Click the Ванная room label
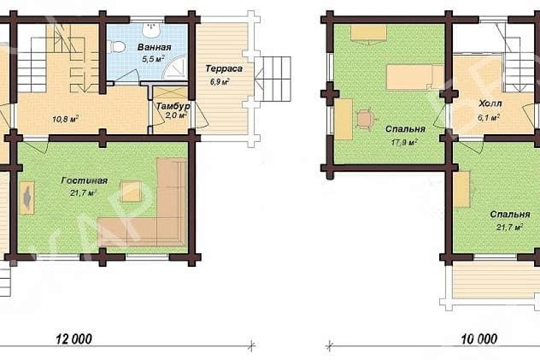click(154, 47)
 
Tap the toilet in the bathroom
click(116, 46)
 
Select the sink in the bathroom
click(151, 30)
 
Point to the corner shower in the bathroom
click(175, 68)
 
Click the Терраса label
click(224, 69)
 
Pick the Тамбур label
click(173, 106)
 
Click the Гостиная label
click(84, 181)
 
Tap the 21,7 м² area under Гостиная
click(83, 193)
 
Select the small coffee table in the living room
click(131, 191)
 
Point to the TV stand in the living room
click(27, 198)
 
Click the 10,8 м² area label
click(65, 120)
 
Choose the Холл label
click(490, 103)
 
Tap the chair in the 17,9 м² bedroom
click(365, 119)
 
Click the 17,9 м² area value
click(405, 141)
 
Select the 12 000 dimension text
click(74, 339)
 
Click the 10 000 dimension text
click(479, 339)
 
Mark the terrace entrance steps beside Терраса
click(273, 79)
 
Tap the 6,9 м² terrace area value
click(221, 82)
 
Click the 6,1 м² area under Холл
click(488, 118)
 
